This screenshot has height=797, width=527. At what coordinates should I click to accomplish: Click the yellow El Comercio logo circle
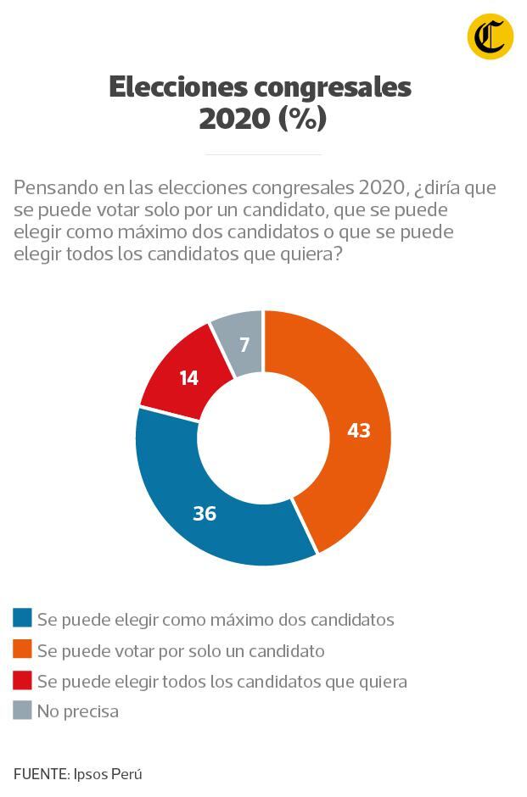click(x=490, y=37)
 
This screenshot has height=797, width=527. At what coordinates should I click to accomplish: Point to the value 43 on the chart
click(x=359, y=431)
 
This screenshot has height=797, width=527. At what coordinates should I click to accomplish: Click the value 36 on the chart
click(x=205, y=513)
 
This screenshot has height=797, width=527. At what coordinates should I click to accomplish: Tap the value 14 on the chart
click(x=188, y=378)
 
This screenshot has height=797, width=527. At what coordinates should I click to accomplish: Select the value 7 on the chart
click(x=244, y=345)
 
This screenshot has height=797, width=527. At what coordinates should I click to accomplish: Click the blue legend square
click(x=22, y=619)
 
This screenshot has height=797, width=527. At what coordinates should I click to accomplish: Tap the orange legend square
click(x=22, y=650)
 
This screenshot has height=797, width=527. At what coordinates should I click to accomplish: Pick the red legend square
click(x=22, y=681)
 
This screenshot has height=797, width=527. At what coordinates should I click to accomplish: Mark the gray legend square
click(x=22, y=711)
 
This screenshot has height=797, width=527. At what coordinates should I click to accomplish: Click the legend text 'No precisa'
click(x=77, y=711)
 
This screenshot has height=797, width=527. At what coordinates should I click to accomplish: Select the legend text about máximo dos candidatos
click(x=216, y=620)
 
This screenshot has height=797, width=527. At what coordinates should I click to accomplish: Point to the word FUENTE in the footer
click(x=40, y=774)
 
